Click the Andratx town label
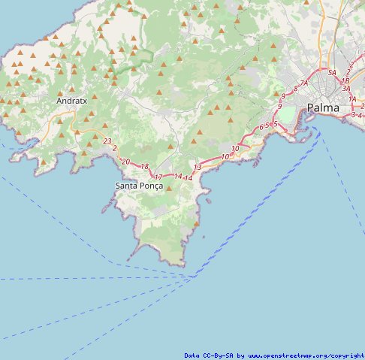(72, 99)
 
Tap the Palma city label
(323, 108)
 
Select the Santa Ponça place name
(139, 185)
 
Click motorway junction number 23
(107, 141)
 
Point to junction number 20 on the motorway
(125, 162)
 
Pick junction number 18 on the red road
(144, 166)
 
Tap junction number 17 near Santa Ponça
(158, 177)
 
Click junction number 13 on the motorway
(198, 167)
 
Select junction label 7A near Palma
(304, 83)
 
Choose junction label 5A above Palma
(331, 72)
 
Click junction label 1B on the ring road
(345, 80)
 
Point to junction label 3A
(346, 88)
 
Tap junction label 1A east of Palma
(351, 98)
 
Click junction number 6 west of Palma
(261, 128)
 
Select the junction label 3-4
(356, 114)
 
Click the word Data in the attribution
(192, 355)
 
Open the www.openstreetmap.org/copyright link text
(306, 355)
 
